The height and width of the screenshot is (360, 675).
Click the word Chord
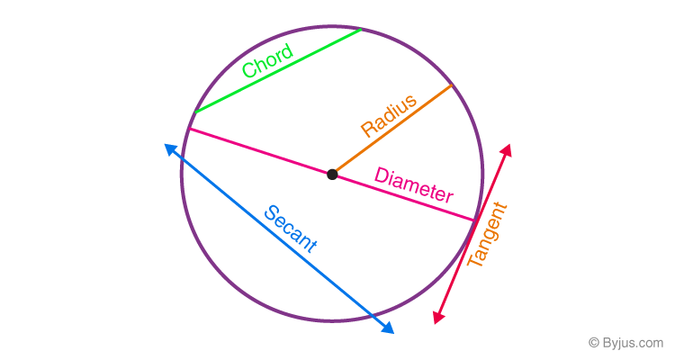coord(267,61)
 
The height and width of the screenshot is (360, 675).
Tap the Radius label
coord(388,115)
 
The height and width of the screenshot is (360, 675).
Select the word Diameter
coord(414,184)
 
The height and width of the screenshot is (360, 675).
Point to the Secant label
coord(291,229)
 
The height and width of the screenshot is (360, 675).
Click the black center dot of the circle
coord(332,174)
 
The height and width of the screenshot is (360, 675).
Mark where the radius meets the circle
coord(451,85)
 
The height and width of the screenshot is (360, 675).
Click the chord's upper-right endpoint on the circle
coord(362,29)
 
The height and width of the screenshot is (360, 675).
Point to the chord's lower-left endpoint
coord(194,112)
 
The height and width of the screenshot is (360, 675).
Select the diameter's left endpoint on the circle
coord(188,130)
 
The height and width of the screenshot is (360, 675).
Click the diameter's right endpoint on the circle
coord(475,220)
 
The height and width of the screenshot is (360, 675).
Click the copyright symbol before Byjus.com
coord(594,343)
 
